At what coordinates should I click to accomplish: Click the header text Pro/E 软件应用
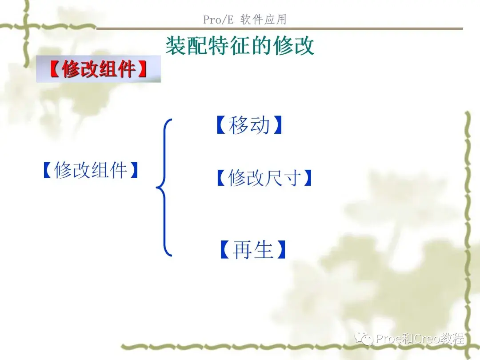coord(245,20)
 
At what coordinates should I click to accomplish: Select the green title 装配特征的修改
coord(240,45)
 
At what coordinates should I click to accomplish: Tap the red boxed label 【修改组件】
coord(98,69)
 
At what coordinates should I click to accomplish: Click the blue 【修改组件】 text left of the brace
coord(91,170)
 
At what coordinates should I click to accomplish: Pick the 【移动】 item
coord(249,126)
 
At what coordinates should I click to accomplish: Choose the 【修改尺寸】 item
coord(264,178)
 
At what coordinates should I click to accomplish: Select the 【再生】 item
coord(252,250)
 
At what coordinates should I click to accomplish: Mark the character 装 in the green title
coord(175,45)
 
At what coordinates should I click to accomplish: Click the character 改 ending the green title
coord(305,45)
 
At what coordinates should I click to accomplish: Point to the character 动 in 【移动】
coord(260,126)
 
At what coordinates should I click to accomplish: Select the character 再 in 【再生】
coord(242,250)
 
